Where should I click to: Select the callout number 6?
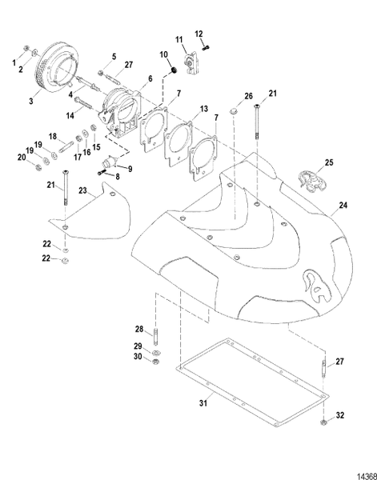pyautogui.click(x=149, y=79)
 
